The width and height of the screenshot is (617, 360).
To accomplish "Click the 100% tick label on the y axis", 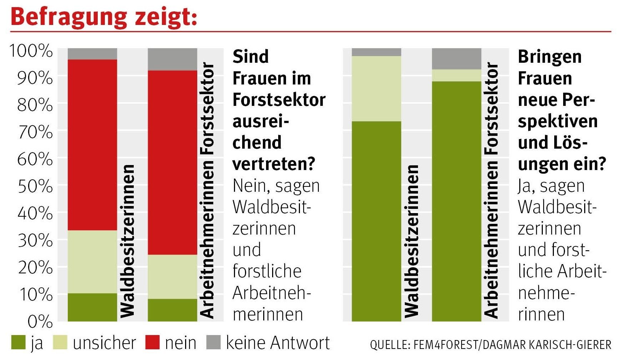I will coord(31,51).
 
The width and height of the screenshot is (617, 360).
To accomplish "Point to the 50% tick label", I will coord(35,186).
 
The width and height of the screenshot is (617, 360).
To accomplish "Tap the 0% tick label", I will coord(40,322).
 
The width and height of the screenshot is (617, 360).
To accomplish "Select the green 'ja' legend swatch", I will coord(18,343).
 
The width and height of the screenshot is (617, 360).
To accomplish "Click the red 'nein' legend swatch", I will coord(152,343).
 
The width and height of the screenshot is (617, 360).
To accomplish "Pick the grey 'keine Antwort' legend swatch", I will coord(213,343).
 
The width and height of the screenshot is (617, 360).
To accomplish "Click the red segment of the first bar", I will coord(92,144).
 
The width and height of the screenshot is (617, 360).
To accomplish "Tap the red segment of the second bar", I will coord(172,162).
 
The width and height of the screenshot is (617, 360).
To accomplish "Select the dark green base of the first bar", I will coord(92,307).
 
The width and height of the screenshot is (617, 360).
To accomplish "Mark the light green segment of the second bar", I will coord(172,277).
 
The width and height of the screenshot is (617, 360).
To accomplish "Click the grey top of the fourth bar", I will coord(457,59).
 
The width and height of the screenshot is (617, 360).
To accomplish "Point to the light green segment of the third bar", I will coord(376,88).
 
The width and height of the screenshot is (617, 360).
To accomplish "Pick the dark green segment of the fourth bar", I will coord(457,201).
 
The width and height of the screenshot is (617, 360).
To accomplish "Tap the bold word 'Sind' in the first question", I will coord(250,57).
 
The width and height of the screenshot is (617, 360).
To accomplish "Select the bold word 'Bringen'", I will coord(549,57).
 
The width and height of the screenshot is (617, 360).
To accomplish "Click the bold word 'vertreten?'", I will coord(274,164).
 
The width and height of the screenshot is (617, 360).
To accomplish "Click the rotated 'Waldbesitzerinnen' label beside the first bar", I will coord(128,241).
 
